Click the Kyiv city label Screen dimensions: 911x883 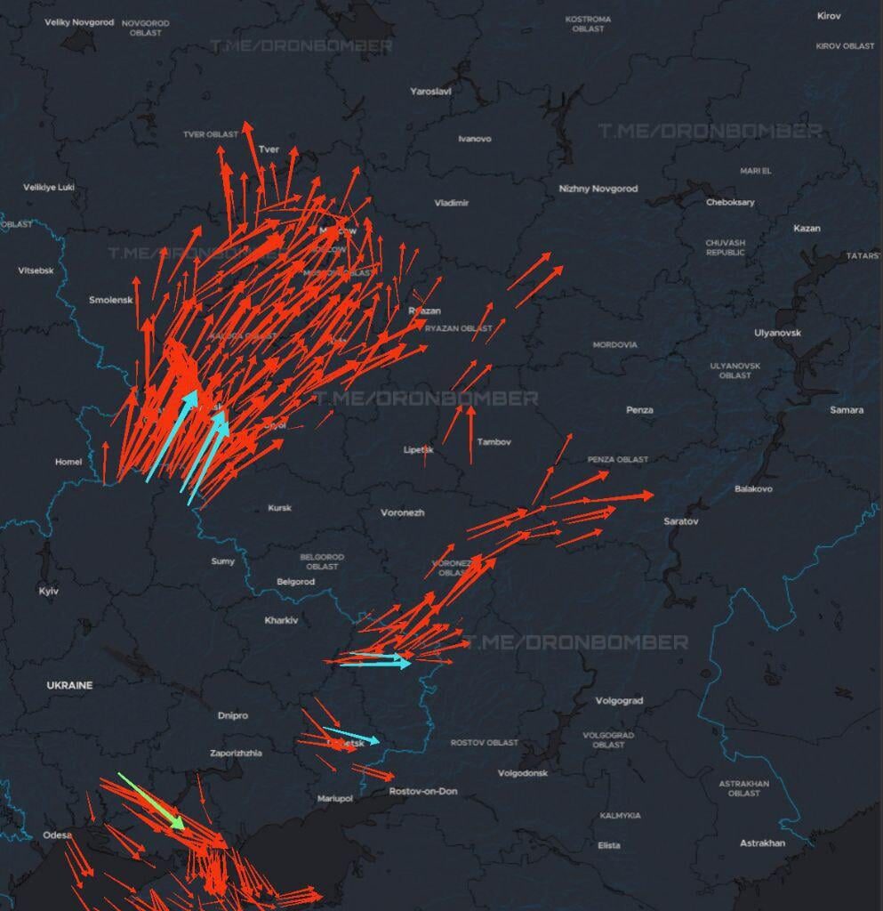pos(48,592)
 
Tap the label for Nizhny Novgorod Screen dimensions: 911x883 pos(598,189)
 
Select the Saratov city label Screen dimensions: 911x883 pos(681,520)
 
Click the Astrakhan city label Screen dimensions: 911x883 pos(762,842)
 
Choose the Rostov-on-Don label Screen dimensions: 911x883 pos(423,791)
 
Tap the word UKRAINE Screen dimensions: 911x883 pos(69,686)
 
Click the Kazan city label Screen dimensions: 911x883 pos(807,229)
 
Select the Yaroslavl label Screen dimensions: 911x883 pos(430,91)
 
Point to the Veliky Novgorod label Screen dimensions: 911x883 pos(79,22)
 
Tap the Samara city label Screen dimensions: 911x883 pos(846,410)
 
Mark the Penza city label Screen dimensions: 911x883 pos(639,410)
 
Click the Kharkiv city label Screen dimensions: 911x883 pos(281,620)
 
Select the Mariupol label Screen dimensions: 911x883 pos(335,799)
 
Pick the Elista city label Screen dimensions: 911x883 pos(609,845)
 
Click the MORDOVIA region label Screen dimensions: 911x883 pos(614,344)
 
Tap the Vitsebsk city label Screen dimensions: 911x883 pos(36,270)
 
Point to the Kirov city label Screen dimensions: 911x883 pos(830,16)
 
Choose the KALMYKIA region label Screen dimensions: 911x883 pos(620,816)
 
